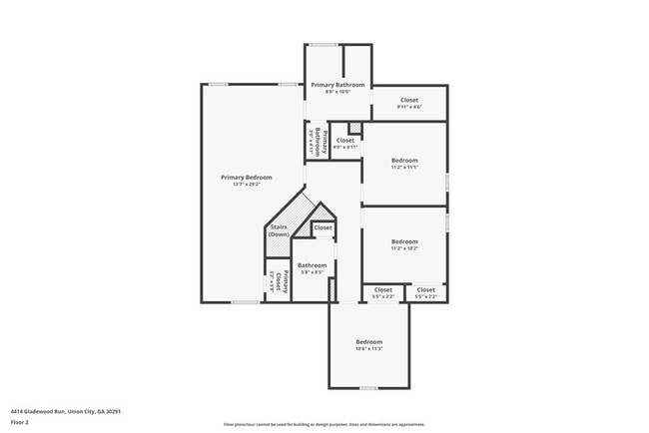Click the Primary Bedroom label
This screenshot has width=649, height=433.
click(x=246, y=177)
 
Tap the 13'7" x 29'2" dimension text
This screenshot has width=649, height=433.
click(x=246, y=185)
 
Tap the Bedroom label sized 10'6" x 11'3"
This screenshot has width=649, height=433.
click(x=369, y=344)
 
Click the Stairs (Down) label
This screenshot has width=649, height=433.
click(x=279, y=230)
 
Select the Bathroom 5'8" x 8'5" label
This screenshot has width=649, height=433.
click(x=313, y=267)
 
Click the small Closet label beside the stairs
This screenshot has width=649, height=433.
click(x=323, y=227)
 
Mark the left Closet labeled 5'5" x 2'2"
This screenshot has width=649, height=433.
click(x=383, y=292)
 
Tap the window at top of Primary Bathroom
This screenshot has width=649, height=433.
click(x=323, y=44)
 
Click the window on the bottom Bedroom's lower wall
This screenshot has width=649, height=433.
click(x=368, y=388)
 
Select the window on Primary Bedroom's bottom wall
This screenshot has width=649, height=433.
click(x=246, y=302)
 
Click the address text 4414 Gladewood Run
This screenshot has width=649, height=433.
click(x=60, y=410)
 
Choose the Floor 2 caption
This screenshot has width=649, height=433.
click(x=20, y=422)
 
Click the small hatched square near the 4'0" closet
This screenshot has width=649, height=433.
click(x=354, y=128)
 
